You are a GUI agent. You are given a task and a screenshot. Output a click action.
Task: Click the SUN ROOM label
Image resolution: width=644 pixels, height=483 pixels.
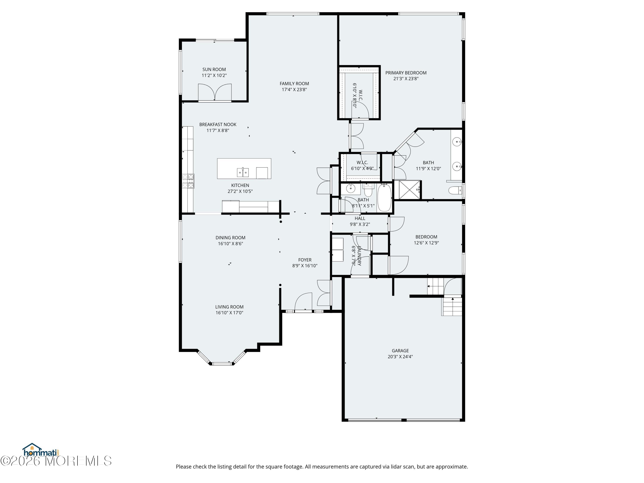214,69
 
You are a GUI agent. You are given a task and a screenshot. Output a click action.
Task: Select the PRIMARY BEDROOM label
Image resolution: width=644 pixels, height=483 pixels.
406,73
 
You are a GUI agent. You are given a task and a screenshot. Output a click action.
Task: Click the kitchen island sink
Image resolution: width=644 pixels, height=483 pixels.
243,172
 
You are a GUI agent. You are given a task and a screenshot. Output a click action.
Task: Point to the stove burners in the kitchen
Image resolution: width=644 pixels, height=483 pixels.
188,181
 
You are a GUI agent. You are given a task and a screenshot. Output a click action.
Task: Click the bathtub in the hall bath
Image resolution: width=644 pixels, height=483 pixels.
384,197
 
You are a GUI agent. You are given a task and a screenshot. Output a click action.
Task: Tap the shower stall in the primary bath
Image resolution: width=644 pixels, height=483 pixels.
409,190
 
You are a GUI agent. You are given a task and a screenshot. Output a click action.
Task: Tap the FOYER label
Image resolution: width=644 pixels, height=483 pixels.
305,260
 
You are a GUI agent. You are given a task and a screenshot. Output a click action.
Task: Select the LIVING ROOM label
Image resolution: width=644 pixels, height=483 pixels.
229,307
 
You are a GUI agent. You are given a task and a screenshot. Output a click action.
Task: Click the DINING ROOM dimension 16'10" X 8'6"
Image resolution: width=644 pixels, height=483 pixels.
230,244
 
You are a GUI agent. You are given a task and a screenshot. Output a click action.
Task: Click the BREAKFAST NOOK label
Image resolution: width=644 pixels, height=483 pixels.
218,125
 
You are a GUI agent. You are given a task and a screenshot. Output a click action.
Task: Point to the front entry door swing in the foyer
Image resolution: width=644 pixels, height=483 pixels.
303,302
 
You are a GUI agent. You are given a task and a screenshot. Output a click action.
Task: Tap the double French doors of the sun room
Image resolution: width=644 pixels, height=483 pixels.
215,92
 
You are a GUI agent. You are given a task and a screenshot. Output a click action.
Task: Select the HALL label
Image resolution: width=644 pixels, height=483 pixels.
360,218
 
